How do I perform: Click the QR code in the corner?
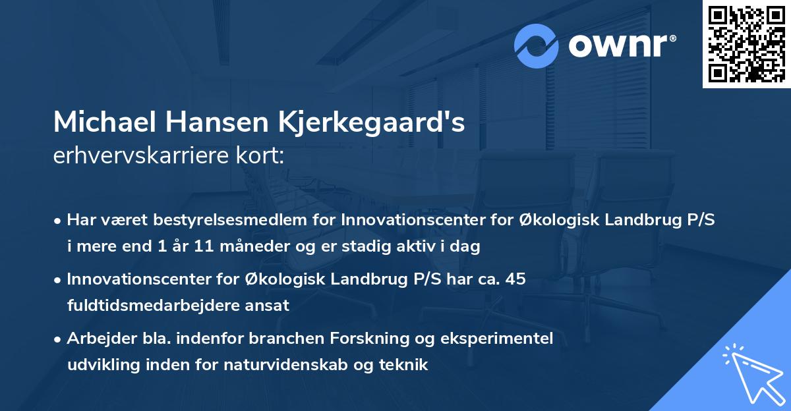point(746,43)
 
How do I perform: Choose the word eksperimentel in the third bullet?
point(510,339)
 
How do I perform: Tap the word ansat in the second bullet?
point(271,306)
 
